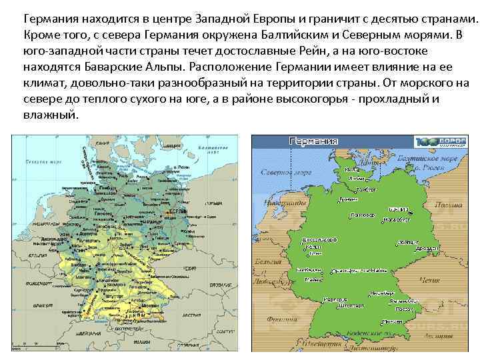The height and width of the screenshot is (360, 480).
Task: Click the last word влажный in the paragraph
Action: (51, 115)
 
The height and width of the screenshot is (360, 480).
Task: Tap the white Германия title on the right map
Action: (313, 141)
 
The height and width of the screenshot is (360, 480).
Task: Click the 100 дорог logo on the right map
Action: (440, 142)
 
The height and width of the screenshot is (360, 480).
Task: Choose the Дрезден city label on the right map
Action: (407, 247)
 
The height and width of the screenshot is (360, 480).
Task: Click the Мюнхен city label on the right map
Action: (405, 309)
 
